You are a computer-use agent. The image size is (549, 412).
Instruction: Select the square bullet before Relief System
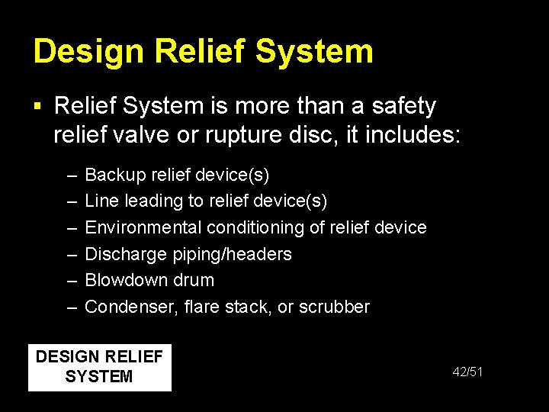tap(39, 106)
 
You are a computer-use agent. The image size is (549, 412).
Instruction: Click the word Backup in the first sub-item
tap(112, 175)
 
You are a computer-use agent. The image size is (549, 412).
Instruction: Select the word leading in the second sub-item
tap(150, 201)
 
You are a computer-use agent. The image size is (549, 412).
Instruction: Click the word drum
tap(194, 280)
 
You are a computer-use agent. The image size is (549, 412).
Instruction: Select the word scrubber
tap(334, 307)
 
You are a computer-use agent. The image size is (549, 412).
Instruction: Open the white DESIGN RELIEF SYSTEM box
tap(99, 367)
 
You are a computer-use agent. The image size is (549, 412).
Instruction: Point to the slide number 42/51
tap(467, 372)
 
